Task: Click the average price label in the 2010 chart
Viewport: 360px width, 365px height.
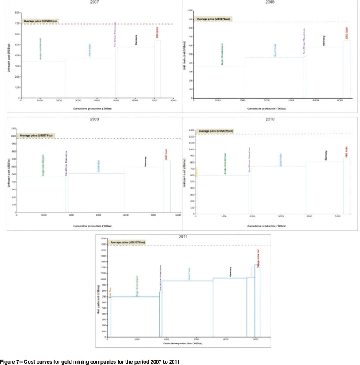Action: [216, 131]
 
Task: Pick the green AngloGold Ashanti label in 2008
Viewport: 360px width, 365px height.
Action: [222, 54]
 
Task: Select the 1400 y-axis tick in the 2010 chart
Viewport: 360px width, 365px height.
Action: [191, 130]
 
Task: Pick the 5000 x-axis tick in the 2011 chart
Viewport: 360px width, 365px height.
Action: [256, 340]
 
